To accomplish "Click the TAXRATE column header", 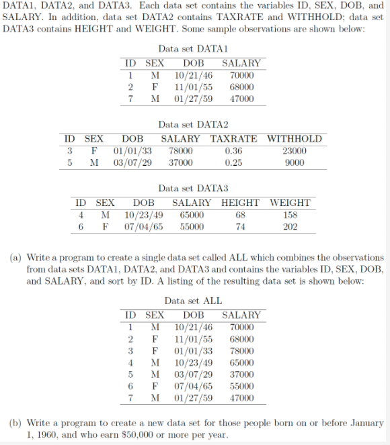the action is coord(233,139).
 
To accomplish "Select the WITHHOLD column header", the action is coord(295,139).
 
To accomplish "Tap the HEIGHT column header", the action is coord(240,203).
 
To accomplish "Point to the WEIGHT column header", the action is coord(290,203).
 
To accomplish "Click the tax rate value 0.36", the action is coord(233,151).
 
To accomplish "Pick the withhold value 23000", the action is coord(295,151).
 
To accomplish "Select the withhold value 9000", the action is coord(295,162).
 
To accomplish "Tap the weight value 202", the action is coord(290,227).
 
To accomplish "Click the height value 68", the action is coord(240,215).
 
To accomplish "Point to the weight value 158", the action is coord(290,215).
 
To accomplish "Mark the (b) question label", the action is coord(13,424).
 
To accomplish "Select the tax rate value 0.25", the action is coord(233,162).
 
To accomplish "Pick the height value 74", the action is coord(240,227).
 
